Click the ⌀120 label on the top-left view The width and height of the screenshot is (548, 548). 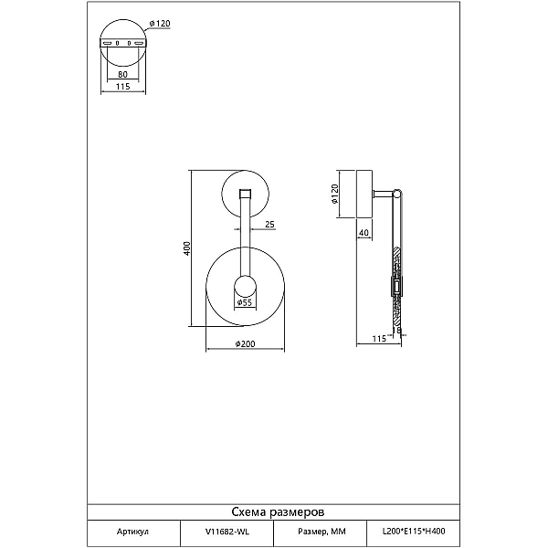pos(160,24)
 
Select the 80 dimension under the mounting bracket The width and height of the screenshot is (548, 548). pos(122,74)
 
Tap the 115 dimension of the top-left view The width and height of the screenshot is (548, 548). pos(122,86)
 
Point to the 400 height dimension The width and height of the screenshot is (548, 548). pos(187,248)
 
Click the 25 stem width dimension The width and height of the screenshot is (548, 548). pos(269,224)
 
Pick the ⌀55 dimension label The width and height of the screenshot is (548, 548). pos(244,302)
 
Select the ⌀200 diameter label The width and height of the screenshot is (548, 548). pos(245,344)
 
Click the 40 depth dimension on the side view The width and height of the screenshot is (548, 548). pos(364,232)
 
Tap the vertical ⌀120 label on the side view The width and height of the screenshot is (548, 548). pos(334,195)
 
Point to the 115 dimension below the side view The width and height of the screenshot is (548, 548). pos(379,339)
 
